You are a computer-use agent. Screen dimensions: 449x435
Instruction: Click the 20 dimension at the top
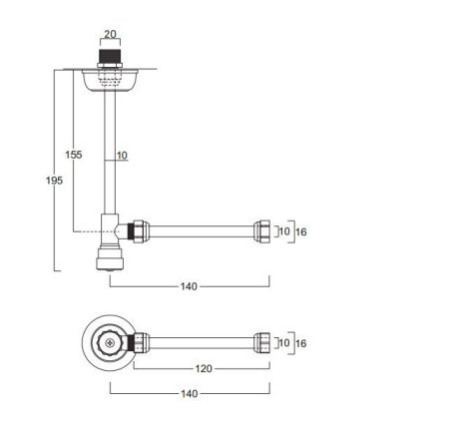coord(111,34)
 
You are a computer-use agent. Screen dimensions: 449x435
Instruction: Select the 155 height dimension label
coord(74,155)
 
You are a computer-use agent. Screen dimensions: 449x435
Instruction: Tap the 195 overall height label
coord(54,181)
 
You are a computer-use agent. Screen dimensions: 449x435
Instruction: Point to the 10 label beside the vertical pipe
coord(122,156)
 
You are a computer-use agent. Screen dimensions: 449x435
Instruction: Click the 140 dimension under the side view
coord(189,286)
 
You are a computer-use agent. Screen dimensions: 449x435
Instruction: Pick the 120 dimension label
coord(204,368)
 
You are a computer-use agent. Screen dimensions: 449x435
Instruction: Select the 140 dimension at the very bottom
coord(190,394)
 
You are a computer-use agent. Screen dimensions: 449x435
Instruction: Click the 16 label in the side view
coord(301,231)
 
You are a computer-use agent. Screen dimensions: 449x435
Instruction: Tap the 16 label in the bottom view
coord(301,343)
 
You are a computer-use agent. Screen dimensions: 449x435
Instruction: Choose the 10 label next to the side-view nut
coord(284,231)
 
